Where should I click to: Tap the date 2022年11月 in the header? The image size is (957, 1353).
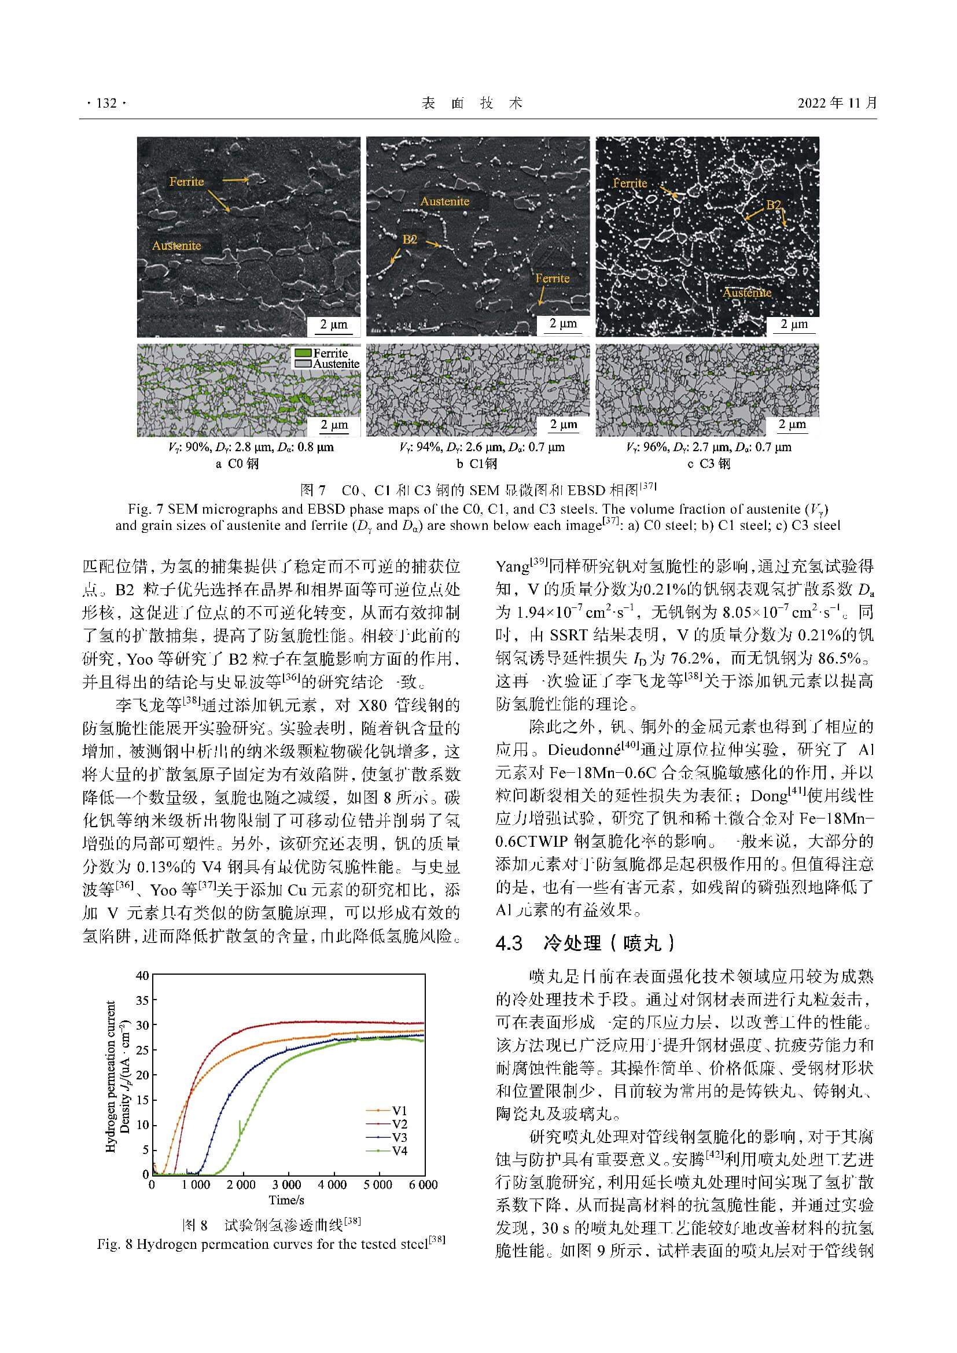837,103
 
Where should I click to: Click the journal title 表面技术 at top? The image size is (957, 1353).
473,104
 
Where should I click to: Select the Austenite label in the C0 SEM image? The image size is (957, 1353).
176,246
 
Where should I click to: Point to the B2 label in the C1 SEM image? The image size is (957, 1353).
410,239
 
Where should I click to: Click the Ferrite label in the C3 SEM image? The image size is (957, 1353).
630,183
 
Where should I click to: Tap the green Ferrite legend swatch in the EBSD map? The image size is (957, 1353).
303,353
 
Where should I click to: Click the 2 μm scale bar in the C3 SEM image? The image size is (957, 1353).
794,325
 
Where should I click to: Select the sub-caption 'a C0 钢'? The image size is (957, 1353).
237,464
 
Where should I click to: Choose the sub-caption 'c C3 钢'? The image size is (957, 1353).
709,464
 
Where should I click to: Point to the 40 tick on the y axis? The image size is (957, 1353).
142,975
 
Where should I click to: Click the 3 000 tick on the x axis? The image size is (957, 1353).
287,1185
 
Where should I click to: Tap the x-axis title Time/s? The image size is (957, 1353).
286,1200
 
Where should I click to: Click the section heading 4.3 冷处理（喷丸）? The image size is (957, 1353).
584,943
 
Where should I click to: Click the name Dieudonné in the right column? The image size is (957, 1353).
584,750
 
